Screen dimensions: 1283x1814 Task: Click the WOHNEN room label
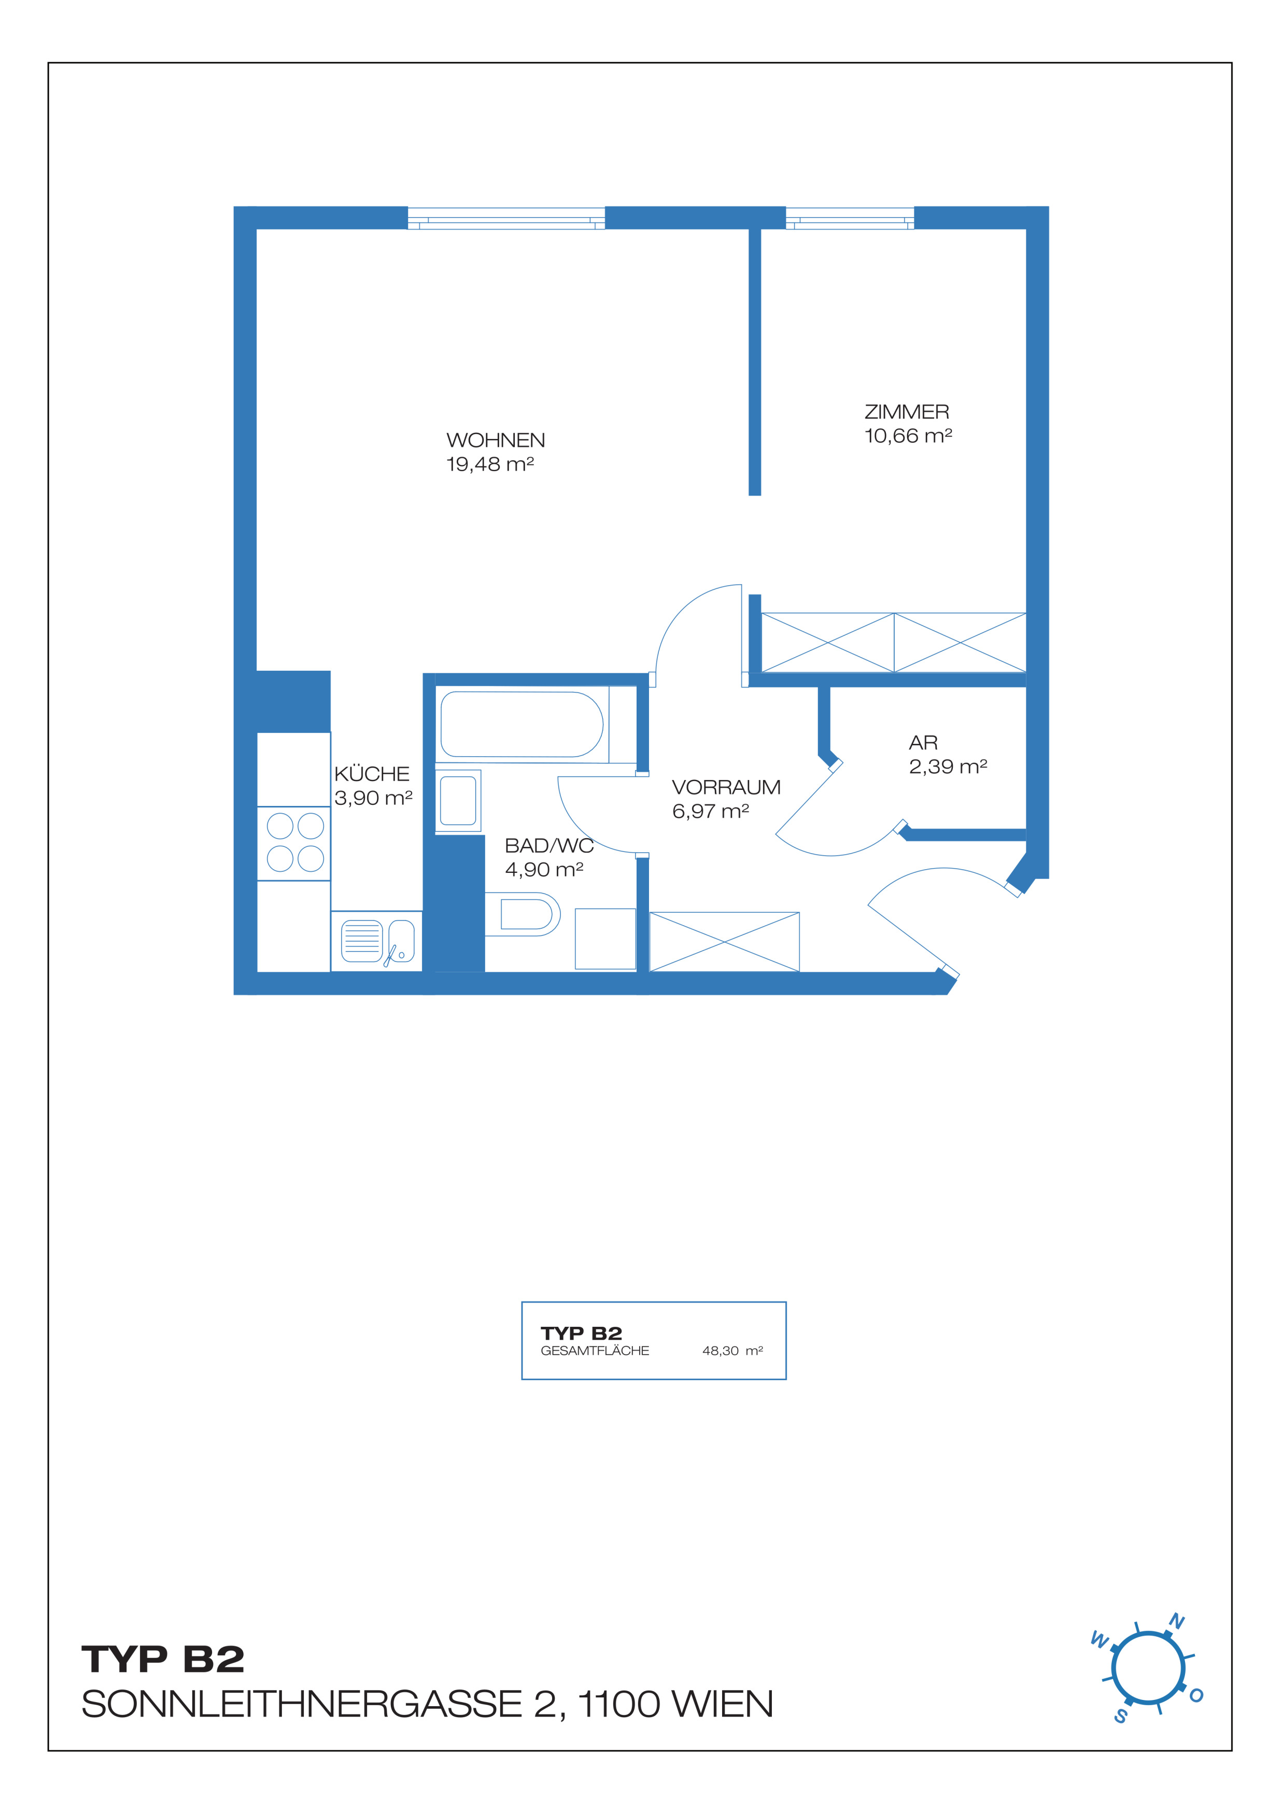pos(496,440)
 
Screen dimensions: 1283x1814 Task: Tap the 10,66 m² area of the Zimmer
pos(908,435)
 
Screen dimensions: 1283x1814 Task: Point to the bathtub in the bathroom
pos(521,725)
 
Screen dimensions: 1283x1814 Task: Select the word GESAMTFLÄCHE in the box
pos(595,1351)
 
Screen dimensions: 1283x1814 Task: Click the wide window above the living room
pos(506,218)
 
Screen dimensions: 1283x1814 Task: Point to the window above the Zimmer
pos(850,218)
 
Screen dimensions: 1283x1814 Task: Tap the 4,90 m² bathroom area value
pos(544,870)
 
